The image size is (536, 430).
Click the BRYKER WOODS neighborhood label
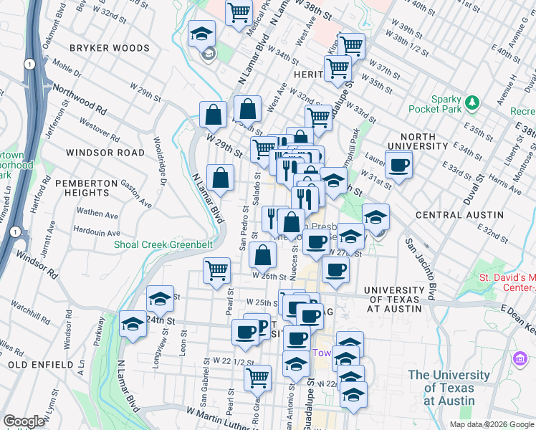click(110, 48)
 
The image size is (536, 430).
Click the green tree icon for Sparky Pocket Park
click(472, 103)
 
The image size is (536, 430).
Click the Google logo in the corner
click(24, 421)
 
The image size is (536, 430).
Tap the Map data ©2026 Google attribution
click(492, 424)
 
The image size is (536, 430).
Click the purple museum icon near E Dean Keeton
click(520, 358)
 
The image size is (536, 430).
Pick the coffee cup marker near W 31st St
click(399, 166)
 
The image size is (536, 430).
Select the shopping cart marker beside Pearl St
click(216, 271)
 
